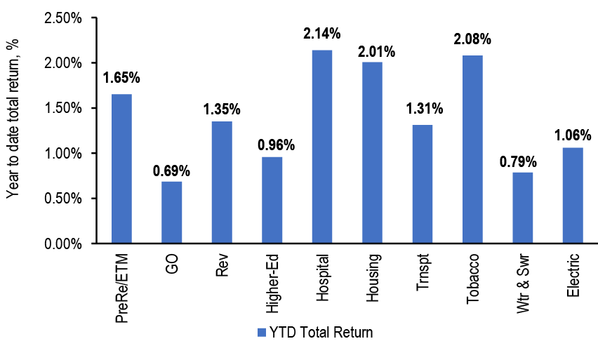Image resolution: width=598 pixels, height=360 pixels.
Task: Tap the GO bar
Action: click(171, 212)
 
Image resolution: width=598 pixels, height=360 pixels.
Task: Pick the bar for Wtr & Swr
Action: click(522, 208)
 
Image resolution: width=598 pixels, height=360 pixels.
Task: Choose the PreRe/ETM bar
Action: click(121, 168)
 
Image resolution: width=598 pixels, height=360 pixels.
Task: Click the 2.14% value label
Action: click(322, 33)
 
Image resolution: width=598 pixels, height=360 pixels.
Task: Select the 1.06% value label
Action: click(573, 131)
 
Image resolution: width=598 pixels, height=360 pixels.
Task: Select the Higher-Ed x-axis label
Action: click(272, 279)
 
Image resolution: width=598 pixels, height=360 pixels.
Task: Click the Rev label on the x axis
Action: click(222, 264)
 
